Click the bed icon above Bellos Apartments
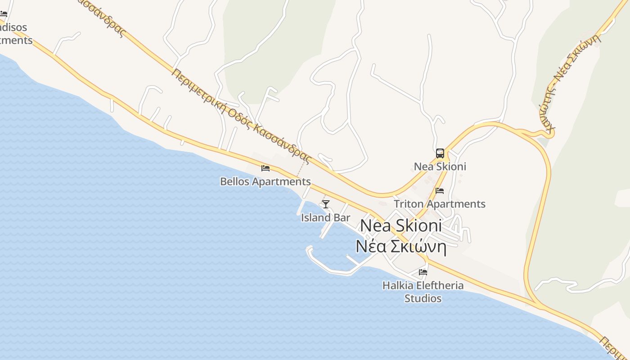(x=265, y=168)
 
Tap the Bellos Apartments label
(x=265, y=182)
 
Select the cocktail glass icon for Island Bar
(x=326, y=204)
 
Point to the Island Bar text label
(x=325, y=218)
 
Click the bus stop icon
(x=440, y=153)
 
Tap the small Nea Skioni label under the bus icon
(x=440, y=166)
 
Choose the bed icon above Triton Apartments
(x=440, y=191)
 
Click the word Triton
(x=409, y=204)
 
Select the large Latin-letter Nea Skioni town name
(x=401, y=226)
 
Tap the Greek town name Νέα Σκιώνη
(x=400, y=247)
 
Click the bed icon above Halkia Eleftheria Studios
(x=423, y=272)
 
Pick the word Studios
(x=423, y=298)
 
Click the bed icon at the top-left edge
(x=4, y=14)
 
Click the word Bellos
(x=234, y=182)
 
